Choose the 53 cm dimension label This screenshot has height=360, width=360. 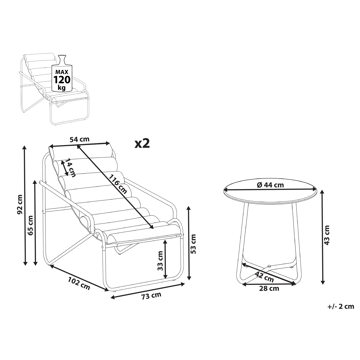[193, 241]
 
